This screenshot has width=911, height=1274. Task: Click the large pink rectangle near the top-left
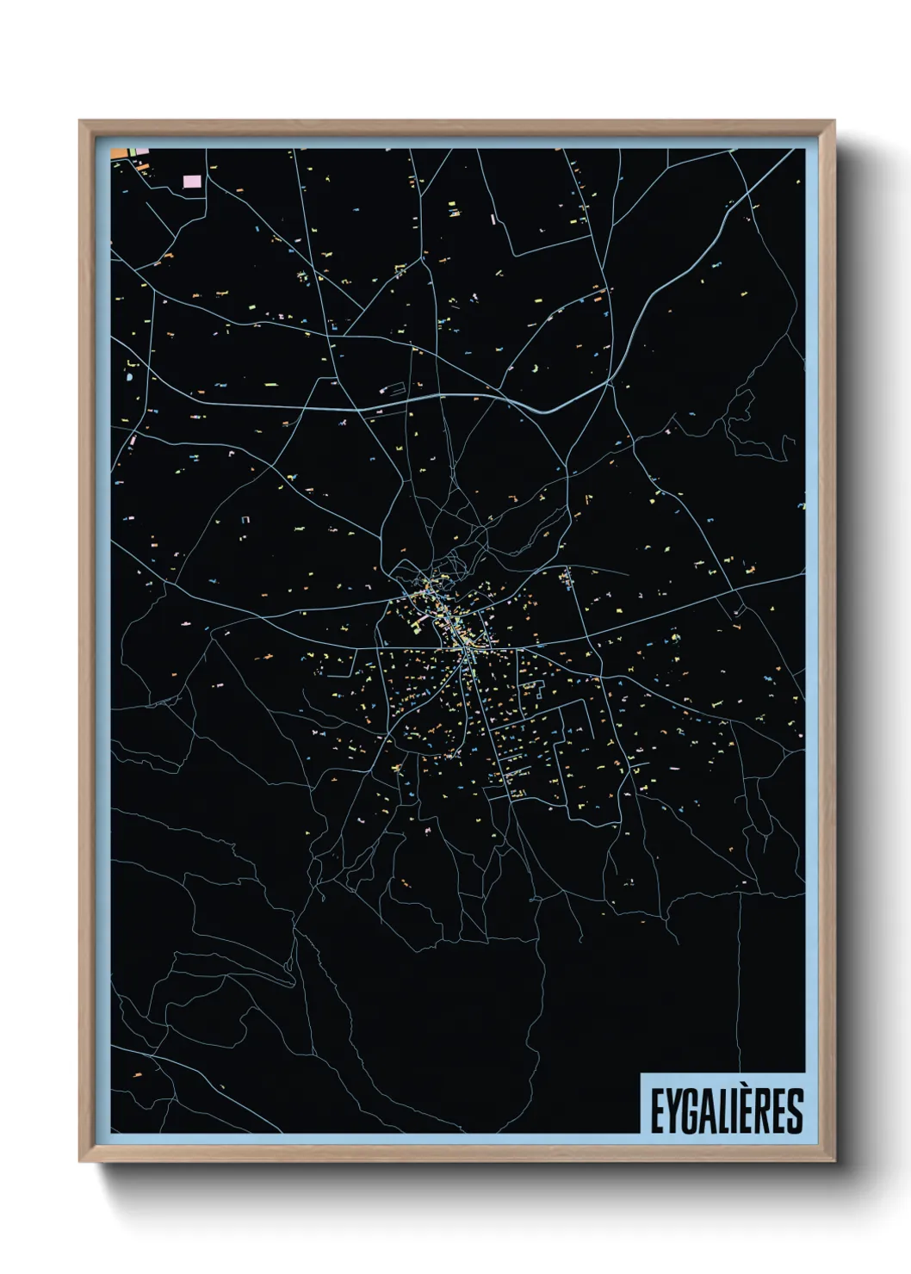point(192,182)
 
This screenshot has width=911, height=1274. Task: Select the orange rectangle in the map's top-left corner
point(119,153)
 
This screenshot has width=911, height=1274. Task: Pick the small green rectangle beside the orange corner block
point(133,152)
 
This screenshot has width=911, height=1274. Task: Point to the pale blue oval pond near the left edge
point(129,376)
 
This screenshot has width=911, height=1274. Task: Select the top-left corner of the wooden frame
point(80,121)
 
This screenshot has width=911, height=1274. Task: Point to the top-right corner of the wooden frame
point(834,121)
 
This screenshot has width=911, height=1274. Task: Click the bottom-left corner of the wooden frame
point(80,1161)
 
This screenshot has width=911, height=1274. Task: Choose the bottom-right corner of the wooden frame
point(834,1161)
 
